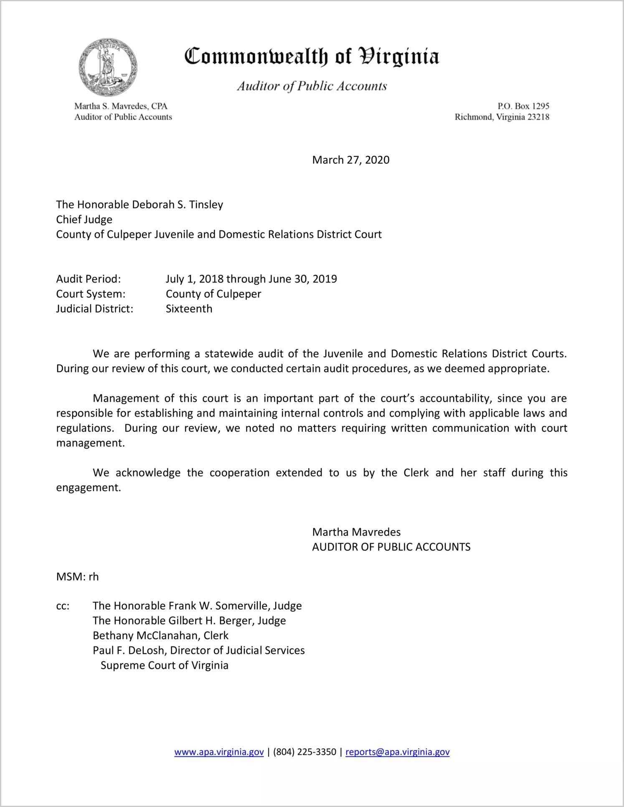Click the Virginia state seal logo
(108, 67)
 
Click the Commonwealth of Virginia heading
(312, 56)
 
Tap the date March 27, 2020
(350, 160)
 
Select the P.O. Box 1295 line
(523, 106)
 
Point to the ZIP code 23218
(538, 117)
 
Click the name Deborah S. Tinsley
(172, 205)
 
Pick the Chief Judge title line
(84, 220)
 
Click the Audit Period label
(89, 279)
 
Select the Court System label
(91, 294)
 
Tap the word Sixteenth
(189, 309)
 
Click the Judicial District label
(95, 309)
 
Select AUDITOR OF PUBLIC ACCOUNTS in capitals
(391, 547)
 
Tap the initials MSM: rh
(77, 577)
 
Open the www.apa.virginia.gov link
(219, 752)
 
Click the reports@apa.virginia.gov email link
(397, 752)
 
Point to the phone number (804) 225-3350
(304, 752)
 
